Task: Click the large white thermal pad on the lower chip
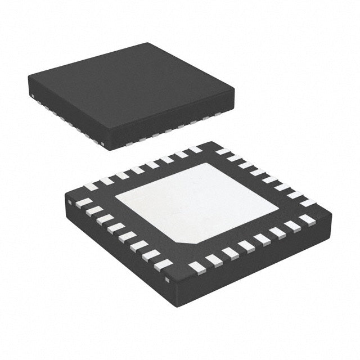[x=197, y=202]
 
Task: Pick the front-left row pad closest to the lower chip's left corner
[x=83, y=201]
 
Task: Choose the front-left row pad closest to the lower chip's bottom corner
[x=165, y=263]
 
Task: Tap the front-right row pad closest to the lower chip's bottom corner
[x=196, y=265]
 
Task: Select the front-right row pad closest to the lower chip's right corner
[x=307, y=218]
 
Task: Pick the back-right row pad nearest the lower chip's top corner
[x=223, y=151]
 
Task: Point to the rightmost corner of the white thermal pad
[x=278, y=212]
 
